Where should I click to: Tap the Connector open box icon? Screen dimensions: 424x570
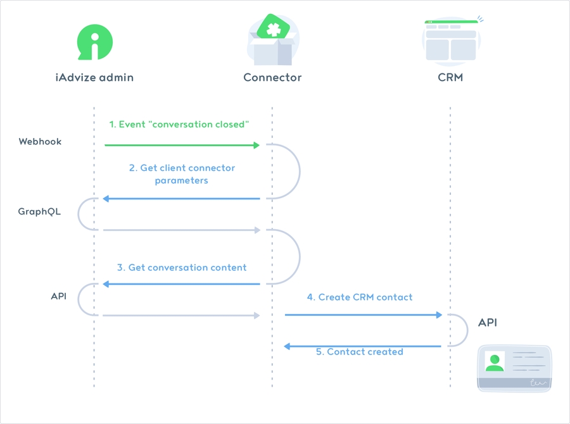pyautogui.click(x=273, y=42)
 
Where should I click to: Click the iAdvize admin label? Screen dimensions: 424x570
pyautogui.click(x=94, y=78)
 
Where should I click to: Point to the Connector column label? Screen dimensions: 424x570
pyautogui.click(x=272, y=78)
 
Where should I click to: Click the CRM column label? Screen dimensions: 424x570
pyautogui.click(x=450, y=78)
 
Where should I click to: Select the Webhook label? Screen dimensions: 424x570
pyautogui.click(x=40, y=142)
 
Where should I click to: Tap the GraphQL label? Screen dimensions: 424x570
pyautogui.click(x=39, y=212)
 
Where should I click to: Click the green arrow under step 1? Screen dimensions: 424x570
pyautogui.click(x=182, y=146)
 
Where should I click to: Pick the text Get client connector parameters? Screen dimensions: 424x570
pyautogui.click(x=182, y=174)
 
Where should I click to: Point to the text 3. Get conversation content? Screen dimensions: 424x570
pyautogui.click(x=182, y=268)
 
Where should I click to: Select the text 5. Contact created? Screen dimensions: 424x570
pyautogui.click(x=360, y=352)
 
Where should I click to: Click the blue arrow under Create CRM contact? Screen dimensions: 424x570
pyautogui.click(x=363, y=315)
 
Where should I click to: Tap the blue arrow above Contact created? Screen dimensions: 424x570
pyautogui.click(x=363, y=346)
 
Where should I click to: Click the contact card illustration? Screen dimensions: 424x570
pyautogui.click(x=514, y=368)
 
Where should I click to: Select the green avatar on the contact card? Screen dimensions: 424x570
pyautogui.click(x=495, y=362)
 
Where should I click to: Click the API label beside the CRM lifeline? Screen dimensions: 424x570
pyautogui.click(x=488, y=323)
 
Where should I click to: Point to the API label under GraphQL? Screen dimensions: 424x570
pyautogui.click(x=58, y=296)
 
